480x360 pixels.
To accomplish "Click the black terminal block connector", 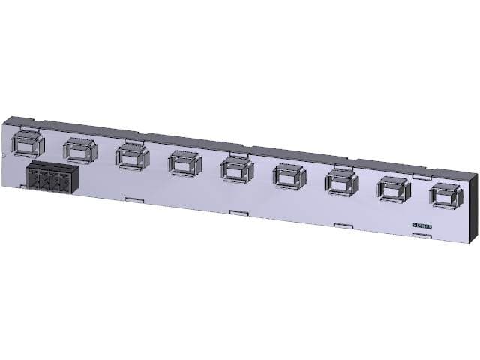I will [x=52, y=178].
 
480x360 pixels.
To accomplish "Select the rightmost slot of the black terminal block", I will [x=69, y=182].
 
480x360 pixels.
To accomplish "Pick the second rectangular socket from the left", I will [x=79, y=149].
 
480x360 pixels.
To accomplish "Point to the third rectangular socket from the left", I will [x=131, y=156].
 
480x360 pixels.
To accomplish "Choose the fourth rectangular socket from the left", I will [x=184, y=162].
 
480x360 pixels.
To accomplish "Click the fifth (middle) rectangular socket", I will [x=236, y=169].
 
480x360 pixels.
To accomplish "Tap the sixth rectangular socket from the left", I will [x=289, y=175].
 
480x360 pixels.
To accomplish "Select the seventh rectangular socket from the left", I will [x=341, y=182].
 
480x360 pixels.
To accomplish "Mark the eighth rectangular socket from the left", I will [x=393, y=188].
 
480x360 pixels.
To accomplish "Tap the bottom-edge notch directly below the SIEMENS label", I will [x=422, y=236].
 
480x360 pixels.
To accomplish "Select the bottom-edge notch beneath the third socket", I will [x=133, y=199].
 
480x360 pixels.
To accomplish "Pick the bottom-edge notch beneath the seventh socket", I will [x=343, y=226].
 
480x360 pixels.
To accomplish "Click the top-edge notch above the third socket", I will [x=131, y=139].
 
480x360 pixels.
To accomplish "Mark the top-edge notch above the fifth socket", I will [x=236, y=153].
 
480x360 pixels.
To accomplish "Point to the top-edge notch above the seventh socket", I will [x=341, y=166].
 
